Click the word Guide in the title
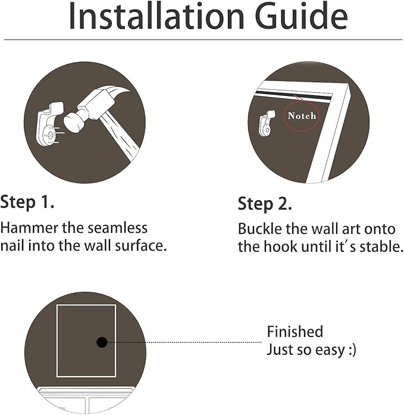(x=302, y=16)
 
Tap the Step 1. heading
(x=27, y=202)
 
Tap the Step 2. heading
(x=265, y=204)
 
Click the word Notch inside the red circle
(x=302, y=116)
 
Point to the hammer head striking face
(x=72, y=122)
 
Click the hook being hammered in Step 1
(x=50, y=124)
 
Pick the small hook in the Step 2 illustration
(x=267, y=124)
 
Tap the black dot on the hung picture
(x=102, y=342)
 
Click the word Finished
(x=295, y=332)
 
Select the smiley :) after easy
(x=352, y=350)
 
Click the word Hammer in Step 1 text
(x=29, y=228)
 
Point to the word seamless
(x=117, y=228)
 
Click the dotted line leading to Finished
(x=184, y=342)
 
